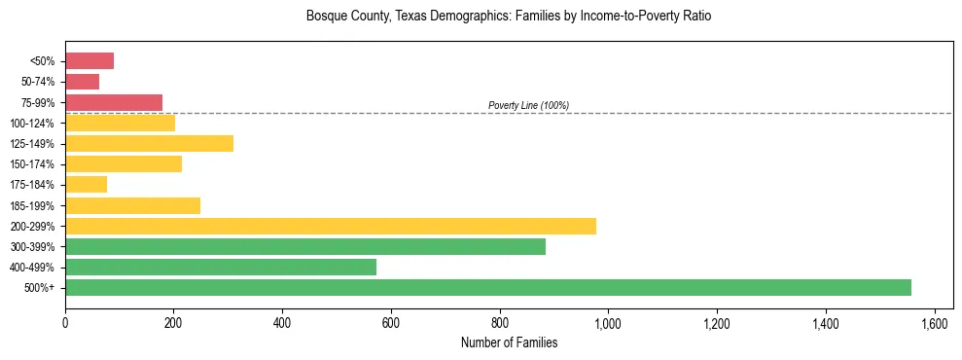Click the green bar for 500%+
[487, 287]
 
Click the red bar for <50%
[89, 61]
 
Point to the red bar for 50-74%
[82, 82]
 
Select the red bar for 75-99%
[114, 102]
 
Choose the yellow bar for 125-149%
[149, 144]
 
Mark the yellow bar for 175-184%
[86, 185]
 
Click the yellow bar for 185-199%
[132, 205]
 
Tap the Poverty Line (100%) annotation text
[528, 105]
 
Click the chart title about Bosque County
[509, 17]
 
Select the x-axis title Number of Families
[509, 342]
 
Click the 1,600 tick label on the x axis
[934, 321]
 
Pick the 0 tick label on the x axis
[65, 321]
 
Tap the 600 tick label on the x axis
[391, 321]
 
